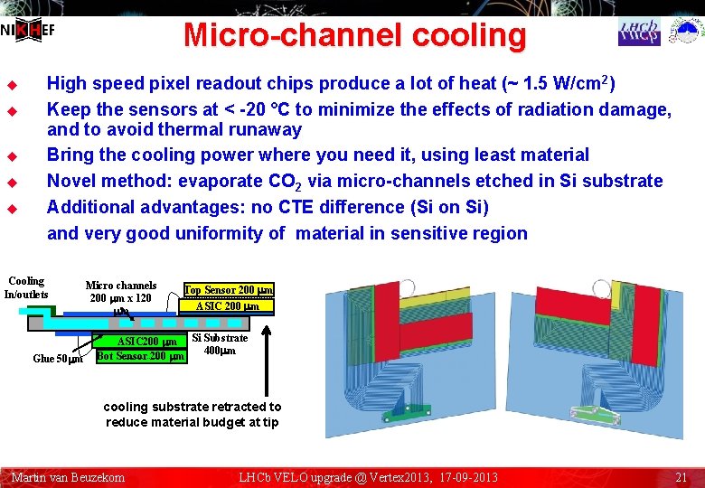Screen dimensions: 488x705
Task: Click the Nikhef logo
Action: (28, 30)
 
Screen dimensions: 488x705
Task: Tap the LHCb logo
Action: (639, 32)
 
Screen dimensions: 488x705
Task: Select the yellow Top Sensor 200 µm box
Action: (229, 290)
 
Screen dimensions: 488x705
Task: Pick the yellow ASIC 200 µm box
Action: (228, 305)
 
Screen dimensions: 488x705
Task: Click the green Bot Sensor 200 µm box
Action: (140, 356)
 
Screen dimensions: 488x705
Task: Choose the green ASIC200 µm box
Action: (139, 342)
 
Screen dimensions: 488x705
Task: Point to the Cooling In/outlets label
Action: (26, 287)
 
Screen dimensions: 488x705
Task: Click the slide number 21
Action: (682, 476)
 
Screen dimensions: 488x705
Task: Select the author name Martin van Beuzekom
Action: (68, 476)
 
